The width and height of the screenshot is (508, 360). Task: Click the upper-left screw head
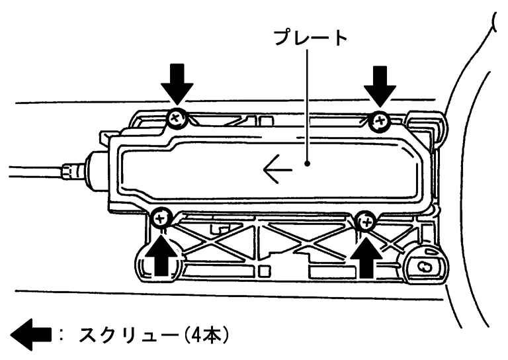175,119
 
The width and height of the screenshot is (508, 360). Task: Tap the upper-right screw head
380,120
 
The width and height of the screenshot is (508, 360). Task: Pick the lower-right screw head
365,222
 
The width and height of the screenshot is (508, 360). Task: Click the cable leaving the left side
26,170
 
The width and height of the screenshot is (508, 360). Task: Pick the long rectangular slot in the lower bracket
327,272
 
